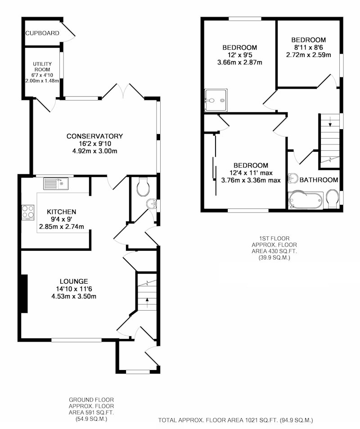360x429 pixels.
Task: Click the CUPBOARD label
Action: [42, 33]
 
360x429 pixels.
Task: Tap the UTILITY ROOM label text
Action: [42, 67]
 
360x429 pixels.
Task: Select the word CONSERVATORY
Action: [94, 136]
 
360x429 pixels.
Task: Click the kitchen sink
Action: [56, 184]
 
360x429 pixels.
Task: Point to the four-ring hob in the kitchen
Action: [28, 212]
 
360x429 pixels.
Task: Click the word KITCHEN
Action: [62, 212]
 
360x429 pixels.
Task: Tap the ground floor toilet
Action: [143, 187]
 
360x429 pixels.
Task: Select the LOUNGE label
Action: [74, 281]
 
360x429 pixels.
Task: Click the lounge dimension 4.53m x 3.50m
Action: [74, 296]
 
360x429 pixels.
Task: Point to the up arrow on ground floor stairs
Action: [147, 303]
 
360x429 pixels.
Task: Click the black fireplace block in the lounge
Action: [24, 294]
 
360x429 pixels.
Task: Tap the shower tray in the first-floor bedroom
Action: [216, 100]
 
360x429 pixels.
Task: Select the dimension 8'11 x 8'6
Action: [309, 47]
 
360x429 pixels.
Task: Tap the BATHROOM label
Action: [319, 180]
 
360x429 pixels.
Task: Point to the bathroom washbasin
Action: [293, 178]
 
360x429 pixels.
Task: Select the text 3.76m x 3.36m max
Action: [251, 181]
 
